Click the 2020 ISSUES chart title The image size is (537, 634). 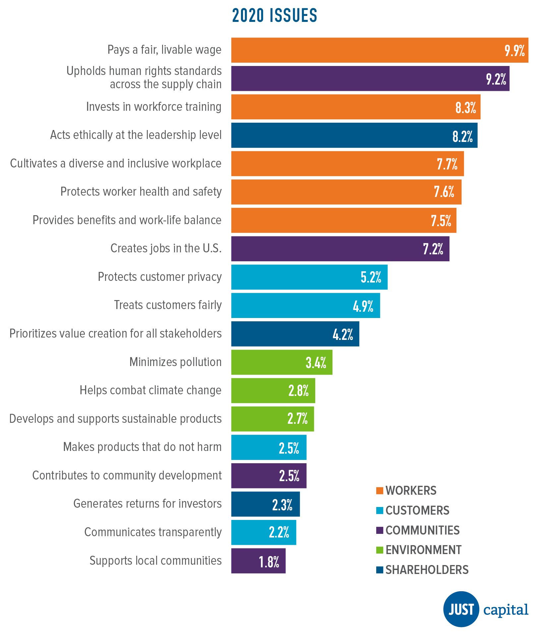point(274,16)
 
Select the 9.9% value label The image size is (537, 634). point(514,51)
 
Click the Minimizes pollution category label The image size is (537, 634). point(175,362)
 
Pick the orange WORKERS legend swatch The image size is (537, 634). point(380,491)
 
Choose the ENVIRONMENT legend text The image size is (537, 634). point(423,550)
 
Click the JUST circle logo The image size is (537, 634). point(461,609)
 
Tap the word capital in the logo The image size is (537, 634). point(506,610)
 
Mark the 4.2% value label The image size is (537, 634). point(343,335)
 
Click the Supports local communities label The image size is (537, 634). point(155,561)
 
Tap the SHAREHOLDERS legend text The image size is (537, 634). point(427,570)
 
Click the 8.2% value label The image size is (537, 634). point(462,136)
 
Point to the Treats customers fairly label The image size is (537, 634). point(168,305)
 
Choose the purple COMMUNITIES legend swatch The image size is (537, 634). point(380,530)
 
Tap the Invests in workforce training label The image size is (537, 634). point(153,107)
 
